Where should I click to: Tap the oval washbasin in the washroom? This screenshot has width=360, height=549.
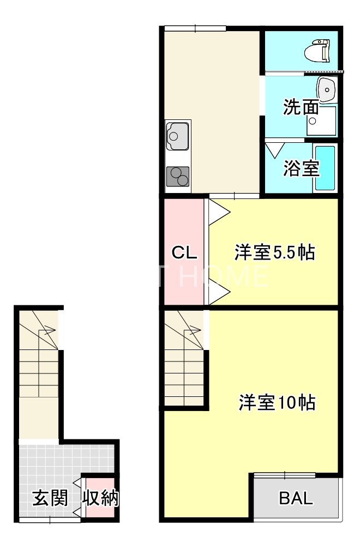coord(327,89)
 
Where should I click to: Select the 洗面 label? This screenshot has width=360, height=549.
coord(301,107)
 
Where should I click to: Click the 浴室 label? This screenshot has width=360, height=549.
coord(301,168)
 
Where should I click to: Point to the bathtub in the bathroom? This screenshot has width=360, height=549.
coord(326,168)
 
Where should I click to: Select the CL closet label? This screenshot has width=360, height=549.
coord(184,253)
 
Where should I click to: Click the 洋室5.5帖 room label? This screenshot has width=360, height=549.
coord(275,253)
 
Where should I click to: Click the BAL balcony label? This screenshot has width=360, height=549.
coord(296,498)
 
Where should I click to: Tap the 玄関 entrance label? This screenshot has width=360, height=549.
coord(50,498)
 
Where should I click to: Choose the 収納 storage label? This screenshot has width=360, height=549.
coord(101,498)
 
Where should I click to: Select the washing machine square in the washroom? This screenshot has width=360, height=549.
coord(321,120)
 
